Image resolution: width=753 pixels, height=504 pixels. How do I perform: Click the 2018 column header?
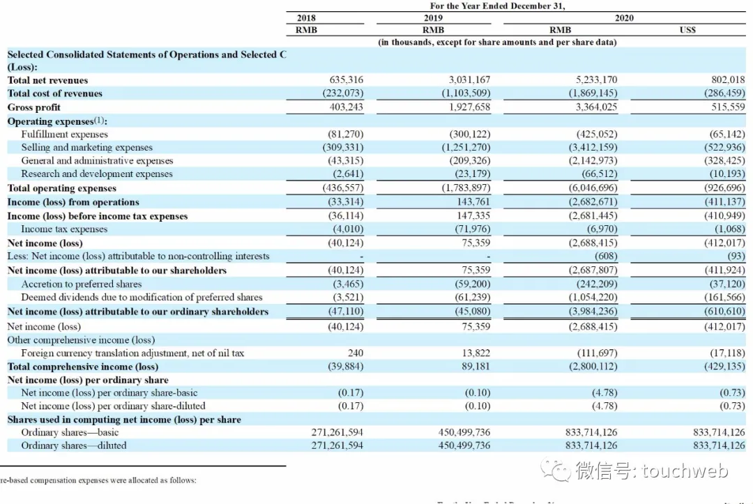(306, 17)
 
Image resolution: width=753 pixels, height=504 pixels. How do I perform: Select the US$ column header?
(687, 30)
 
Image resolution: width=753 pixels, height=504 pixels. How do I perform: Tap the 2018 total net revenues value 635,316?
(346, 79)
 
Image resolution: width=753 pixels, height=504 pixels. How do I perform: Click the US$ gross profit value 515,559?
(728, 107)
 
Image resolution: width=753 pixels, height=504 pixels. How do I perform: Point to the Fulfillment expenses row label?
(64, 134)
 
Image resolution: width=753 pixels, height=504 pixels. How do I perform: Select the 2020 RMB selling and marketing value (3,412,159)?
(593, 147)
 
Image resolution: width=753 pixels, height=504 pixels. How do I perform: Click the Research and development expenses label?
(96, 174)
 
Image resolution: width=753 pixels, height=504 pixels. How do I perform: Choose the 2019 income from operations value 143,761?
(473, 201)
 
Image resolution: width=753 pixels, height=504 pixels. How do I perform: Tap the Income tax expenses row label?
(64, 229)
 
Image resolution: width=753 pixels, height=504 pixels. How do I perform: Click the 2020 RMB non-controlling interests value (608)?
(606, 257)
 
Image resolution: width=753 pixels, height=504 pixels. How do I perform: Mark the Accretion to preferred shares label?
(81, 284)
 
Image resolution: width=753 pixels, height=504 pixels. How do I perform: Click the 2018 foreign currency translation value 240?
(356, 353)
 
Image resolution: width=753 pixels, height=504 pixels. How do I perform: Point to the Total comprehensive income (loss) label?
(82, 367)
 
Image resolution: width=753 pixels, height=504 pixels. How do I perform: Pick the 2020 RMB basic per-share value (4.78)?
(604, 392)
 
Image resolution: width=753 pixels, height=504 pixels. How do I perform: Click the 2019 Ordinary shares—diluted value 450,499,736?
(464, 445)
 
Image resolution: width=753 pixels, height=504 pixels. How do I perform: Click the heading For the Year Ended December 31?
(497, 6)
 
